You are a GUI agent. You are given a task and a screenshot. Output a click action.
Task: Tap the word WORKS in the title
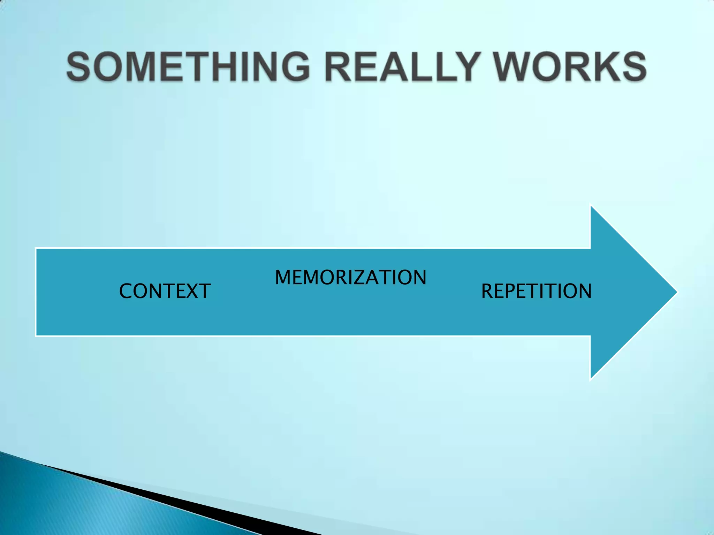(x=570, y=67)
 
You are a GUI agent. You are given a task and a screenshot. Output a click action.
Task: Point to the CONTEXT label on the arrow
(x=165, y=291)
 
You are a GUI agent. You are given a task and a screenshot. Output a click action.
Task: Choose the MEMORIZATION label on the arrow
(x=350, y=278)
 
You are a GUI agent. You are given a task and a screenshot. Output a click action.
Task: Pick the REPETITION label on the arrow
(x=536, y=291)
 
